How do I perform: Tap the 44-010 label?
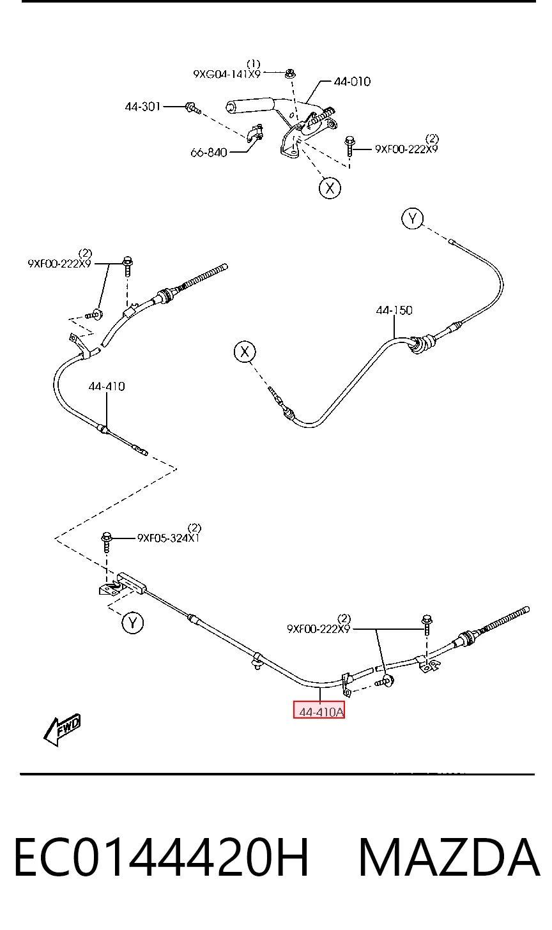pos(352,81)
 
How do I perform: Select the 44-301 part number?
pos(142,107)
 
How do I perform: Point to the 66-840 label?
pos(209,153)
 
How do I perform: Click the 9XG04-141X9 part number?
pos(227,74)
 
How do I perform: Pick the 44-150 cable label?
pos(394,310)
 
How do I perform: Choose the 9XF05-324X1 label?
pos(168,538)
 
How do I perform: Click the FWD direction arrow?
pos(63,729)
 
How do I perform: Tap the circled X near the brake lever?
pos(330,188)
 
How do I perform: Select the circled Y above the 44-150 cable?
pos(413,218)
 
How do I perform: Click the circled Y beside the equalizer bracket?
pos(132,623)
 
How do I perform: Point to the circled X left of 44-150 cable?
pos(245,352)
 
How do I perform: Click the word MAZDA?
pos(449,857)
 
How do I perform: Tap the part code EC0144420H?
pos(162,857)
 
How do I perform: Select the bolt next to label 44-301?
pos(193,107)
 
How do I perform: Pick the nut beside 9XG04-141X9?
pos(289,73)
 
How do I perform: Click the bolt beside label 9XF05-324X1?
pos(106,542)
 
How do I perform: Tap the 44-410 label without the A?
pos(106,386)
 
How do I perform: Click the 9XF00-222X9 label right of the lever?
pos(406,149)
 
